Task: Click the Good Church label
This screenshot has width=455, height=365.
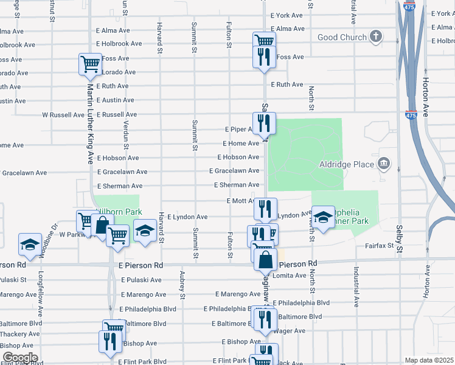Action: click(x=342, y=37)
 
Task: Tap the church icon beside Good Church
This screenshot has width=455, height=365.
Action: click(x=377, y=36)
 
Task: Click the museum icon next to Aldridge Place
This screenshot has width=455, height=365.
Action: click(x=384, y=163)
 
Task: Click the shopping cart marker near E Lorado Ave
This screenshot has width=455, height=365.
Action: click(x=90, y=63)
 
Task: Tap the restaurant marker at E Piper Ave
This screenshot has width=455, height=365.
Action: click(x=265, y=123)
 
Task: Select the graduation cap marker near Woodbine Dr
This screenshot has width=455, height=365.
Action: click(x=30, y=244)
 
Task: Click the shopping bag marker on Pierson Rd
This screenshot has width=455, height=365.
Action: click(x=266, y=260)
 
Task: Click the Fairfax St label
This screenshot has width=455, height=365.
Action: click(x=380, y=246)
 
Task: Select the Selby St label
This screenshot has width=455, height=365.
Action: click(x=400, y=240)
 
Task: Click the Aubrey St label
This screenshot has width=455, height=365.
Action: click(x=182, y=286)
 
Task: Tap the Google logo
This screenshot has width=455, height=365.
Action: click(x=19, y=358)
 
